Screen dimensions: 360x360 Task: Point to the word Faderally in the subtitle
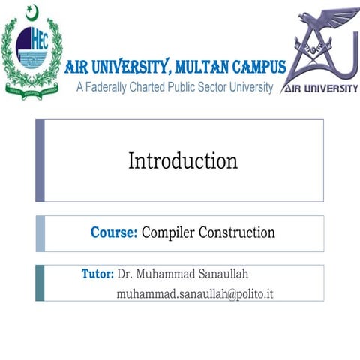tap(112, 87)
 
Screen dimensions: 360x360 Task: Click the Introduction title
tap(183, 160)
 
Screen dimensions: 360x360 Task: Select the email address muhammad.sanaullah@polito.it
tap(194, 292)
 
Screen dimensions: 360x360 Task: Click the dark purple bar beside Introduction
tap(40, 160)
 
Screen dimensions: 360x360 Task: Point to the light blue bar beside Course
tap(40, 233)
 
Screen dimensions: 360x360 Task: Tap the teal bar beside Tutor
tap(40, 283)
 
